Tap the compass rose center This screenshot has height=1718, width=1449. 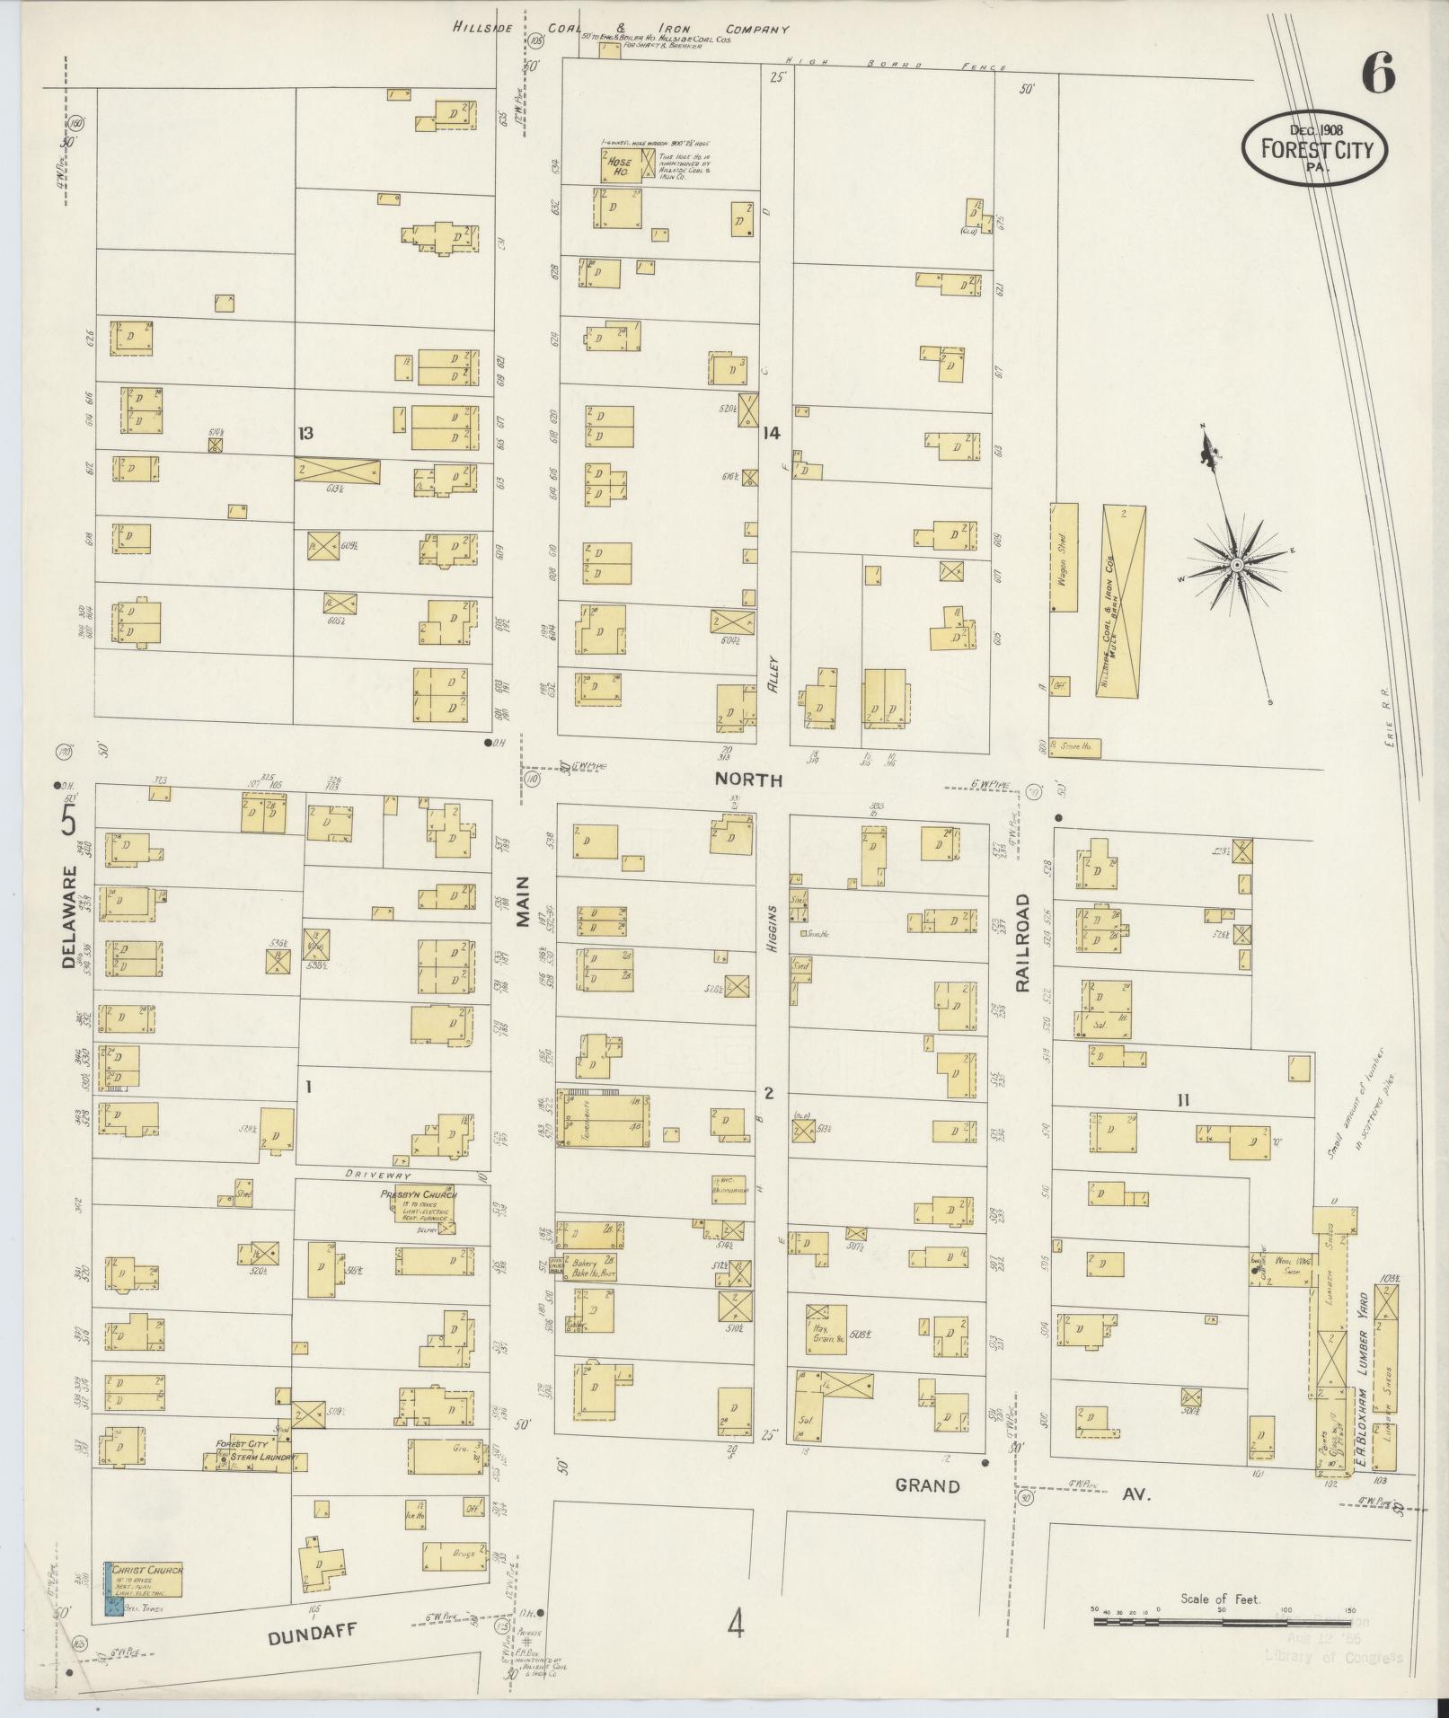pos(1236,564)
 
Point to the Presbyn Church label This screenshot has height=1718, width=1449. pos(419,1195)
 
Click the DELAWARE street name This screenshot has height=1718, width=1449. pos(70,916)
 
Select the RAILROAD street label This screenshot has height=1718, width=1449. pos(1023,942)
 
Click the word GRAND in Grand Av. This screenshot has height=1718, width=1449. pos(927,1485)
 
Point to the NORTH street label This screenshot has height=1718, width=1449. pos(747,780)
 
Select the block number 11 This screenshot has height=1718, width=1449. pos(1183,1098)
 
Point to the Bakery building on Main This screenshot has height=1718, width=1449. pos(592,1267)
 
